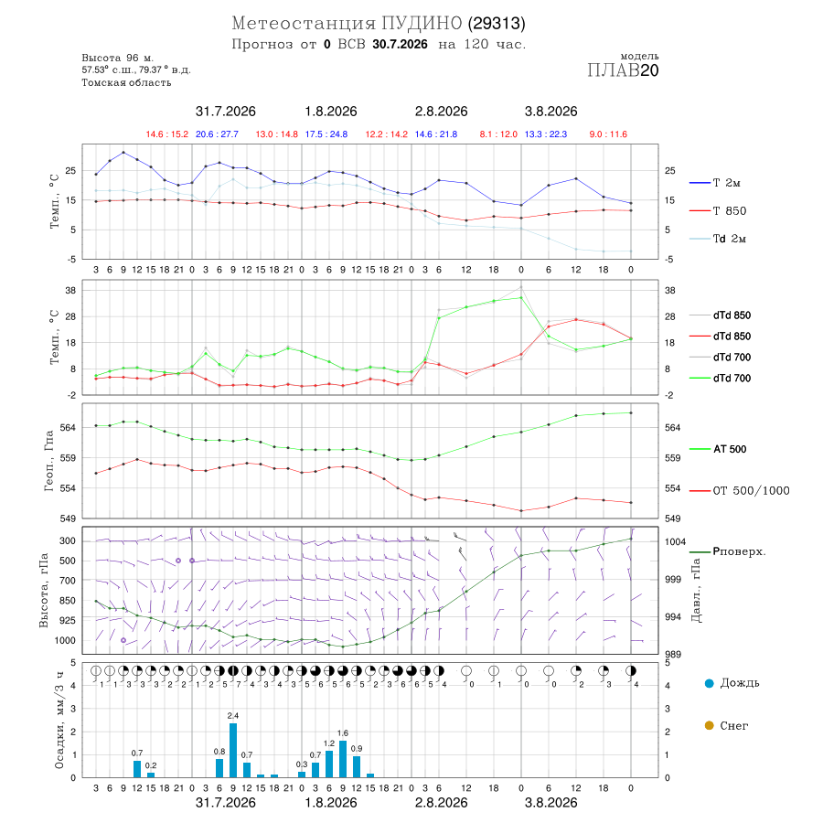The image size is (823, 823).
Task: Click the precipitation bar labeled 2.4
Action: [x=233, y=750]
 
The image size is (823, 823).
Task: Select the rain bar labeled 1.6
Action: [x=343, y=759]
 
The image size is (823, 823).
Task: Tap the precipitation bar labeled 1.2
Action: [x=329, y=764]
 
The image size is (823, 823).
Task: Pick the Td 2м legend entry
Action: [x=718, y=239]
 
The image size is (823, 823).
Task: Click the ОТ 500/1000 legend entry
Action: [x=740, y=491]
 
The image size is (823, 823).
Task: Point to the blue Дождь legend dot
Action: [x=709, y=683]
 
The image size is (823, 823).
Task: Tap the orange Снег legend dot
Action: [x=709, y=725]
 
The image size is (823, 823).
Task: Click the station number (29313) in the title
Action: [x=497, y=24]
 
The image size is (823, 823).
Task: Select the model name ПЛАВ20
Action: [x=623, y=70]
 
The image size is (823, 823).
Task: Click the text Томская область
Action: [x=126, y=82]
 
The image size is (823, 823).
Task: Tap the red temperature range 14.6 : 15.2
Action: [x=167, y=134]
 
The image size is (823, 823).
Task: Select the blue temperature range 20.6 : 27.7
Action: [x=217, y=134]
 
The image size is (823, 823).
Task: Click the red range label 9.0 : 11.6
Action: [x=608, y=134]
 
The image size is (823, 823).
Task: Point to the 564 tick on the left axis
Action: [x=69, y=428]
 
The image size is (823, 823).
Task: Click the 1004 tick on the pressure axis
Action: [x=675, y=541]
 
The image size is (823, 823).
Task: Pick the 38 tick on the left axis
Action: [x=70, y=290]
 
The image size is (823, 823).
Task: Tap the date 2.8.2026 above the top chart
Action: [x=441, y=112]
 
